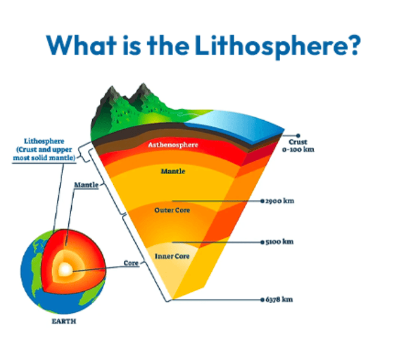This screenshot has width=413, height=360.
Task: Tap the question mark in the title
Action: tap(353, 45)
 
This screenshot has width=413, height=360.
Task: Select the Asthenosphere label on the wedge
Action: tap(172, 145)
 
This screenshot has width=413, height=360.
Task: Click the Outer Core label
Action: tap(172, 210)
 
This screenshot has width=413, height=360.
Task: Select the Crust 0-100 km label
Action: tap(297, 145)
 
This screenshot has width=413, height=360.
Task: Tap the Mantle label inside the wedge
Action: tap(173, 172)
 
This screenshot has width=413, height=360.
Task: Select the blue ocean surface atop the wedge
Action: tap(239, 123)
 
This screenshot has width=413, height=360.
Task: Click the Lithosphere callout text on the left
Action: tap(44, 149)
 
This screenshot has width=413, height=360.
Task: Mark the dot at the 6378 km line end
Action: tap(262, 298)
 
